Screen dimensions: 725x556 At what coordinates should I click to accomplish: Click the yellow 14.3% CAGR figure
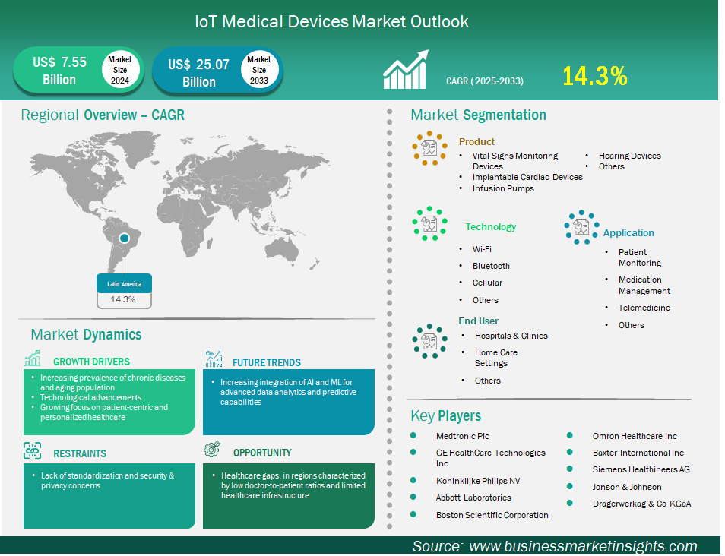[x=594, y=76]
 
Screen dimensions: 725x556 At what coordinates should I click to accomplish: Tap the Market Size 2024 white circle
[x=120, y=70]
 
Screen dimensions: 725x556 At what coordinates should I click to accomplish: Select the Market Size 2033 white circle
[x=259, y=70]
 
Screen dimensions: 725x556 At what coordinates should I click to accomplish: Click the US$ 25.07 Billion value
[x=199, y=73]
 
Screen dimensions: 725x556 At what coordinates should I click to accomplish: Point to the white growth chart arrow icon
[x=406, y=69]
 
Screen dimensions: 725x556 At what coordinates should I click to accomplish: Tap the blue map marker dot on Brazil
[x=124, y=238]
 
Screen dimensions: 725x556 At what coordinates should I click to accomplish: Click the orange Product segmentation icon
[x=429, y=148]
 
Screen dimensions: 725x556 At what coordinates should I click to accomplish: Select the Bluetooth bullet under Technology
[x=491, y=266]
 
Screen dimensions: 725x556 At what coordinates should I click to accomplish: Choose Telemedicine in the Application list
[x=644, y=308]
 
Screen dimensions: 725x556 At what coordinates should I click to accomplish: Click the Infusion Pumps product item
[x=503, y=188]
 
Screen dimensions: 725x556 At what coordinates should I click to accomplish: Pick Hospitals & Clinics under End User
[x=511, y=336]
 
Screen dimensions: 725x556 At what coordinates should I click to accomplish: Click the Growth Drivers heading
[x=91, y=362]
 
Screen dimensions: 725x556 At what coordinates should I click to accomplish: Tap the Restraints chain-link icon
[x=33, y=450]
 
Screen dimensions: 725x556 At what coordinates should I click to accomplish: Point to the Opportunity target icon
[x=212, y=449]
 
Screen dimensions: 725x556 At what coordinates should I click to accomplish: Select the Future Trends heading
[x=267, y=362]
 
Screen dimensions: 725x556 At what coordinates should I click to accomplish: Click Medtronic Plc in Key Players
[x=462, y=436]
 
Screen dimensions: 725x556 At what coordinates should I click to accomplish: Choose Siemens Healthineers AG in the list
[x=641, y=469]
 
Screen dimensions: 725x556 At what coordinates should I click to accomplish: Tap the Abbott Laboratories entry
[x=473, y=498]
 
